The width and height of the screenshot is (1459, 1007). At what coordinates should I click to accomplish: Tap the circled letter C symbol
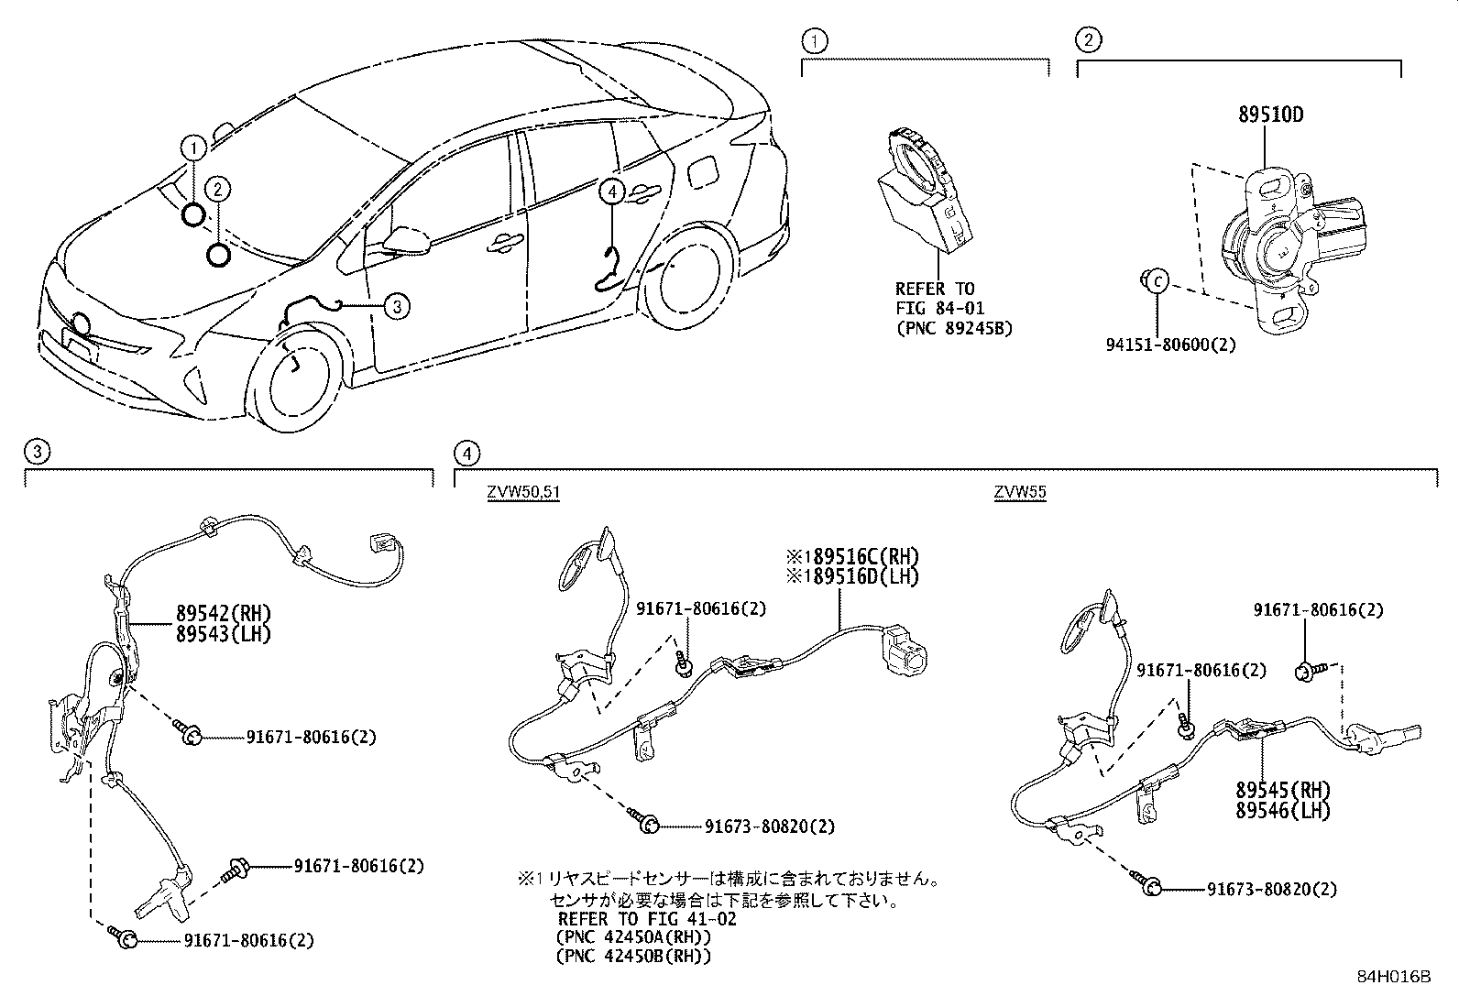1157,281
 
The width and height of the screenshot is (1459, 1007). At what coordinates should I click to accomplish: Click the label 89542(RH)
224,614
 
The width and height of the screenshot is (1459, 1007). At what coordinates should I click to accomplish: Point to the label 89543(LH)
224,632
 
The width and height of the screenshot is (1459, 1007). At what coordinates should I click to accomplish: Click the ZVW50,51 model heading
522,493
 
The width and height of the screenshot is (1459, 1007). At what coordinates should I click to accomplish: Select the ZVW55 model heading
1020,493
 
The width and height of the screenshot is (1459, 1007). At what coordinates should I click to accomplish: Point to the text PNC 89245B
954,328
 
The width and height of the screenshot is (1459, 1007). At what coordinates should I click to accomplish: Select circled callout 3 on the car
396,306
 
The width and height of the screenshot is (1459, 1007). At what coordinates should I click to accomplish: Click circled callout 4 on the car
612,191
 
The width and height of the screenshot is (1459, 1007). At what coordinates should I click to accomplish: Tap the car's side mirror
408,240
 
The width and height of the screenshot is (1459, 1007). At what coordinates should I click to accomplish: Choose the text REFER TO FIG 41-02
646,918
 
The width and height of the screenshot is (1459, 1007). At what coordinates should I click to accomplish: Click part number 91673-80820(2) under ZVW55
1271,889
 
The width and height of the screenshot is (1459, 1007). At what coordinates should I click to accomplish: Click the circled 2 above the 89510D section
1088,39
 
